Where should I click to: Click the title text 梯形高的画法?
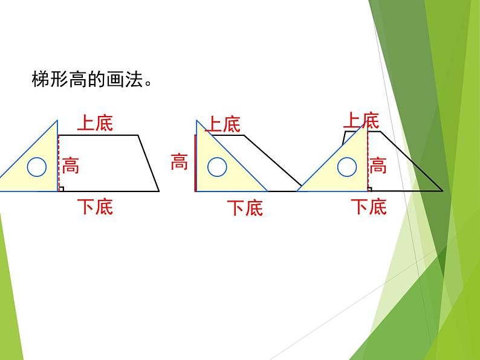click(89, 80)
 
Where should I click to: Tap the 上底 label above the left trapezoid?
click(95, 124)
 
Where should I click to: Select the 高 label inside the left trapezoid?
click(70, 164)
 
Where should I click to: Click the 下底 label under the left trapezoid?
click(96, 207)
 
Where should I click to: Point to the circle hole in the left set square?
click(37, 167)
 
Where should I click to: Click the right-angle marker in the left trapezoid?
click(61, 188)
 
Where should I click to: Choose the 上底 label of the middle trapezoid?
click(223, 125)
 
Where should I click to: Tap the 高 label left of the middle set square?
click(179, 162)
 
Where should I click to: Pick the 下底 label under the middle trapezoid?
click(245, 208)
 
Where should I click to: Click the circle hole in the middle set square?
click(217, 166)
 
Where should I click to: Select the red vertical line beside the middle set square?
click(195, 163)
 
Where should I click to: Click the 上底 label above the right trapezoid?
click(361, 120)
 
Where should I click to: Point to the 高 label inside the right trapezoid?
click(378, 164)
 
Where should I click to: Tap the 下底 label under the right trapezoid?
click(369, 207)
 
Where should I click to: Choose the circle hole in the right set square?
click(346, 166)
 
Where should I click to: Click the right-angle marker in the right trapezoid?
click(370, 188)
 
